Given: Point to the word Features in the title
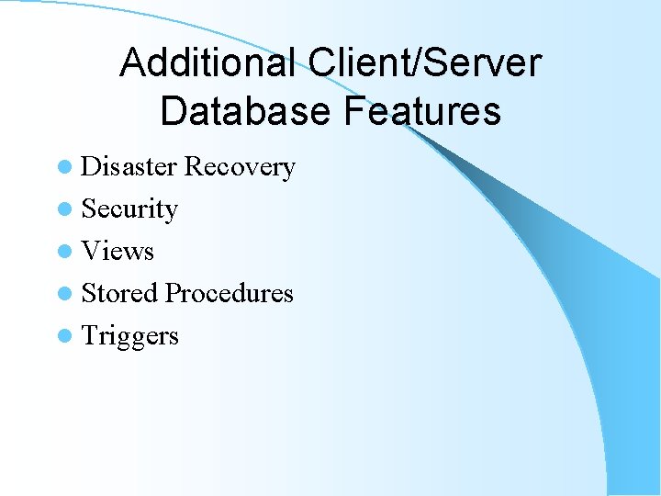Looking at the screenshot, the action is (x=423, y=111).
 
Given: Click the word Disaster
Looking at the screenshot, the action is (x=129, y=167).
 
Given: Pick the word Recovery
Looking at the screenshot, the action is (x=240, y=167).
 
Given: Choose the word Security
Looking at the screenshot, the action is (x=129, y=209).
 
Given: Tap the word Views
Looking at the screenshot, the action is (x=118, y=251).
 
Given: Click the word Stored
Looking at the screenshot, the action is (x=119, y=293).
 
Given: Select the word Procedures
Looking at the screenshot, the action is (x=229, y=294).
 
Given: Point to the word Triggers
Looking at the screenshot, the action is (x=129, y=336).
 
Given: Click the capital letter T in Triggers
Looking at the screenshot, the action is (x=89, y=335).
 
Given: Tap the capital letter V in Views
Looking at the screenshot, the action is (x=91, y=251).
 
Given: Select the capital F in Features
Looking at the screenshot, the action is (x=355, y=111).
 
